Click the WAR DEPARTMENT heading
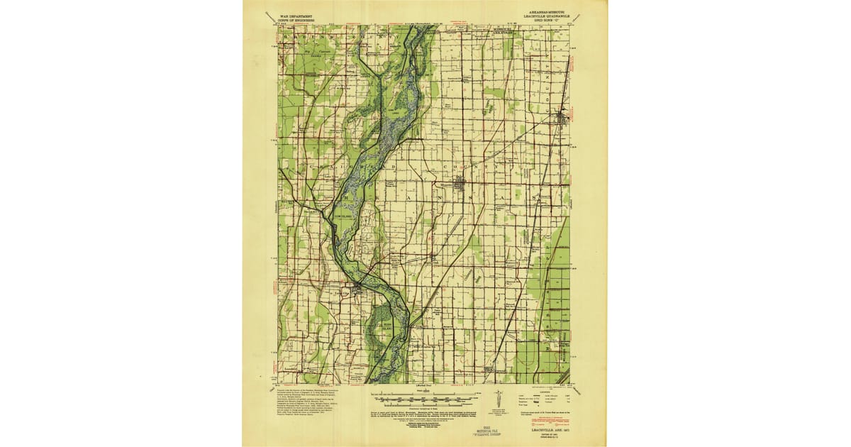[297, 14]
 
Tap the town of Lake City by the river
[359, 287]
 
